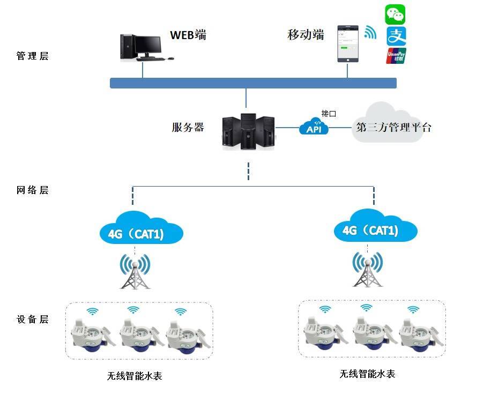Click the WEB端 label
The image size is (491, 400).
(x=188, y=35)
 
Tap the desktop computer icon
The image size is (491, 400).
(x=140, y=47)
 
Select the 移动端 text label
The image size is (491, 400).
(x=306, y=35)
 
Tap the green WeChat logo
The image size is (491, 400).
(x=396, y=14)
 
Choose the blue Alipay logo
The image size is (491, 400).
(x=396, y=36)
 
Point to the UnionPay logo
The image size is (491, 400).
(x=396, y=56)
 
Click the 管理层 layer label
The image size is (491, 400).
(x=33, y=56)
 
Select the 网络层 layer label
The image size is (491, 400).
(x=33, y=190)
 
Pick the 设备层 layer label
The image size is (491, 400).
(x=33, y=320)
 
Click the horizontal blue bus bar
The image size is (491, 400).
(x=253, y=83)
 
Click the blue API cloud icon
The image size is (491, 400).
(x=314, y=127)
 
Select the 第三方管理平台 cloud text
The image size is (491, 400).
(x=393, y=128)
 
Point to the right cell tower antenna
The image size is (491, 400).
(x=368, y=269)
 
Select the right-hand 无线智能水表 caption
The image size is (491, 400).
(x=367, y=374)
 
